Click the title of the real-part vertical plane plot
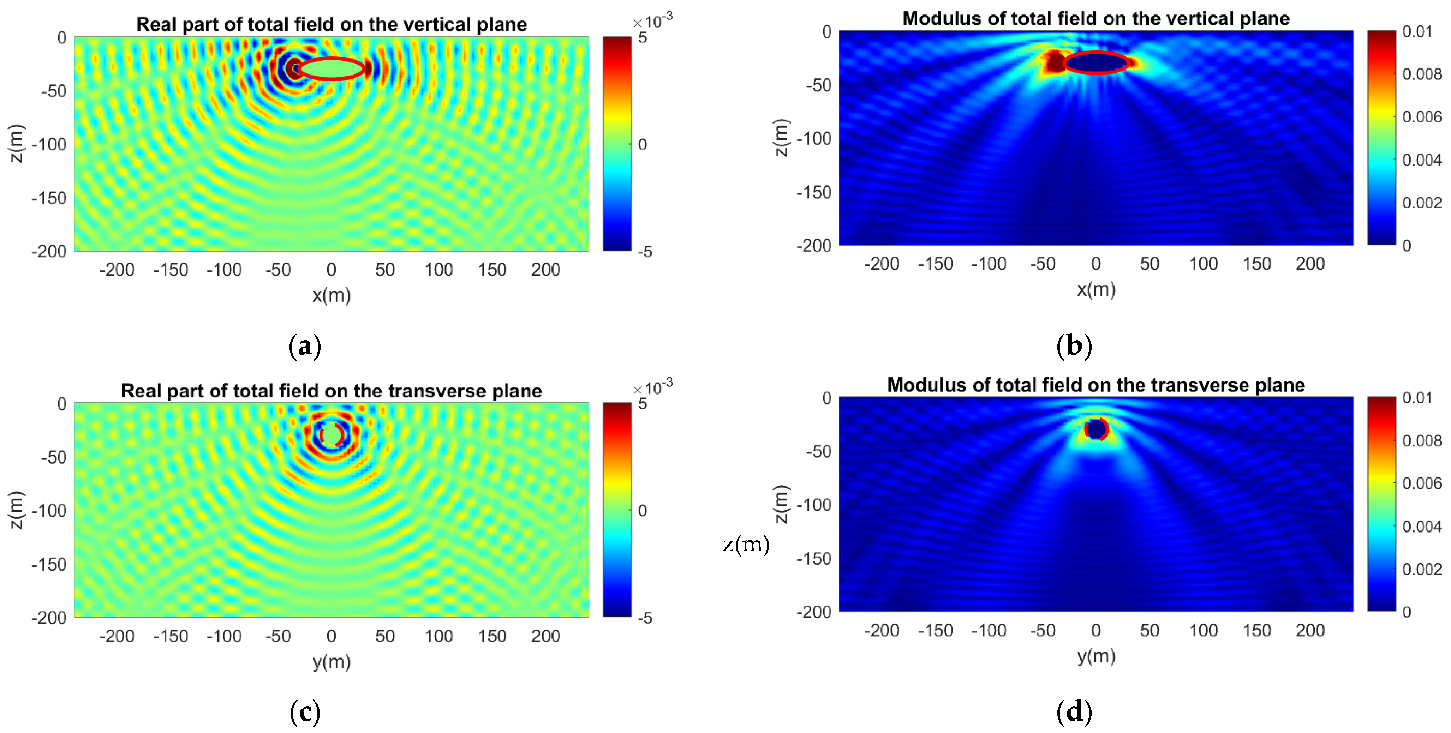pyautogui.click(x=331, y=24)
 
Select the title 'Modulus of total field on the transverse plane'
pyautogui.click(x=1095, y=385)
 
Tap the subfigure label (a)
pyautogui.click(x=305, y=346)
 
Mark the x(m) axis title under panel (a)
pyautogui.click(x=331, y=295)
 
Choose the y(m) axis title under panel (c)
pyautogui.click(x=331, y=661)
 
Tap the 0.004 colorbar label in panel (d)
pyautogui.click(x=1422, y=527)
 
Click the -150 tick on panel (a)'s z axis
pyautogui.click(x=49, y=198)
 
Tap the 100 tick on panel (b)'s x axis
pyautogui.click(x=1203, y=264)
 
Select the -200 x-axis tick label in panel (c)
pyautogui.click(x=117, y=636)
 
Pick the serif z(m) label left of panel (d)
pyautogui.click(x=746, y=545)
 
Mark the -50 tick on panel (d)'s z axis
pyautogui.click(x=818, y=451)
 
